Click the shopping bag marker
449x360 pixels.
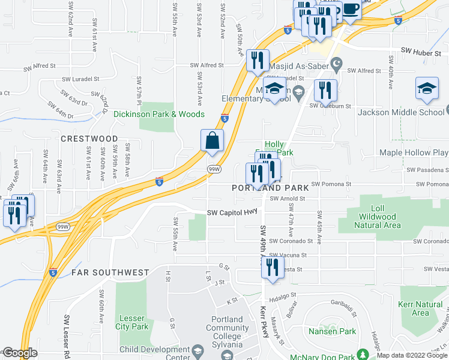pos(212,140)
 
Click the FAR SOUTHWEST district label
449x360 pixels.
pos(110,272)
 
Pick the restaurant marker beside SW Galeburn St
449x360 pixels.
pos(325,91)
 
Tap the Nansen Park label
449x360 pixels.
pos(332,331)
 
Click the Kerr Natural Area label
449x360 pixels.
pos(420,308)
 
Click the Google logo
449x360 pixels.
pos(20,353)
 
